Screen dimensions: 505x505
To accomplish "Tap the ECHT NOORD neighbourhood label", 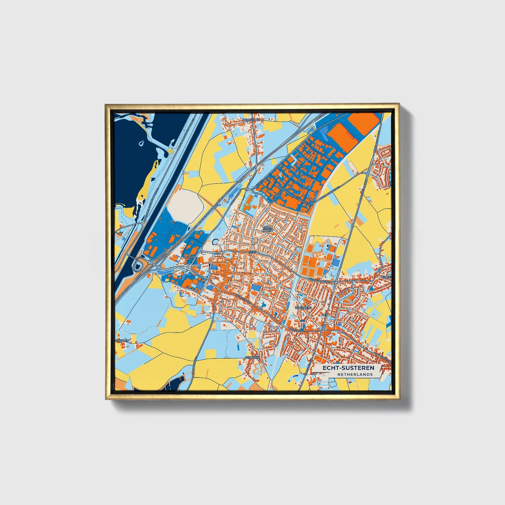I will click(x=268, y=229).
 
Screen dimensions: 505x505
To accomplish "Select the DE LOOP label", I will click(x=190, y=257).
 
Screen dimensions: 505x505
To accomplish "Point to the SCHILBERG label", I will click(x=303, y=308).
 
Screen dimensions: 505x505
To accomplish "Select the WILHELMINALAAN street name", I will click(x=319, y=280).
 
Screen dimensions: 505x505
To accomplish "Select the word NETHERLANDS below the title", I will click(x=355, y=374).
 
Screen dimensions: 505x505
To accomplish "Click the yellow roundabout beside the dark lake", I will click(x=170, y=151).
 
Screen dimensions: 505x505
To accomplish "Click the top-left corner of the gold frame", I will click(x=106, y=104).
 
